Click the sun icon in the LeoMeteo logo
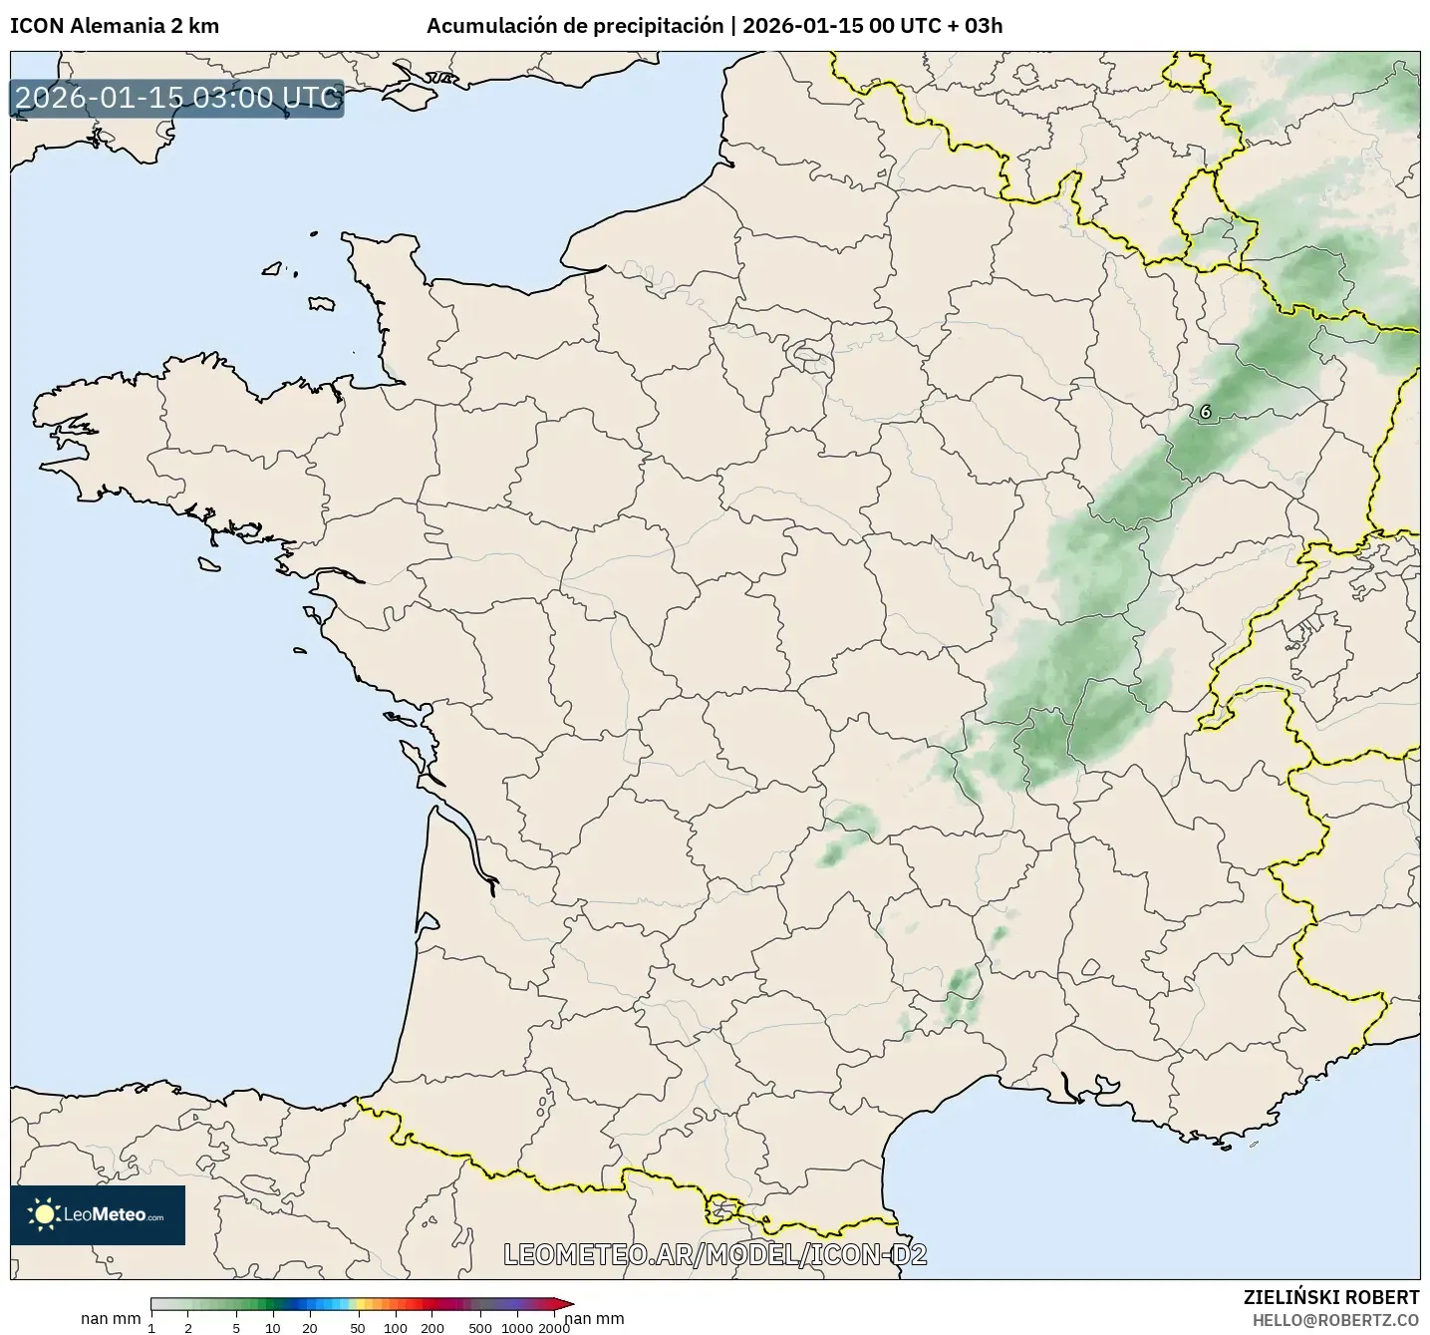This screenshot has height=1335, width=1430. [x=44, y=1213]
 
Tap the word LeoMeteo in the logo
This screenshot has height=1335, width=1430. [x=105, y=1214]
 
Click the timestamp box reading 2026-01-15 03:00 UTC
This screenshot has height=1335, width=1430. [x=177, y=98]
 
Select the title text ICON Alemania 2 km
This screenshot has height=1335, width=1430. [x=115, y=26]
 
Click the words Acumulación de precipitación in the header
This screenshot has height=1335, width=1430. [x=575, y=26]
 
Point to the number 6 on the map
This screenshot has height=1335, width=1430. [x=1206, y=411]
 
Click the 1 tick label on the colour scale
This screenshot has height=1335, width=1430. [x=151, y=1327]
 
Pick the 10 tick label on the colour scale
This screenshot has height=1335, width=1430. [x=273, y=1327]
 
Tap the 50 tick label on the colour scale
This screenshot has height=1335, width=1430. [x=358, y=1327]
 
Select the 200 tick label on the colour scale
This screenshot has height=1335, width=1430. [x=431, y=1327]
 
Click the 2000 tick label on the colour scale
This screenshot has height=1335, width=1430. [x=554, y=1327]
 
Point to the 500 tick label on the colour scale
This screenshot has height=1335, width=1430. [x=480, y=1327]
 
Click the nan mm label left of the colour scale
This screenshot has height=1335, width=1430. [x=111, y=1319]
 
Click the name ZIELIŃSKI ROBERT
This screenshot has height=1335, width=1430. [x=1331, y=1297]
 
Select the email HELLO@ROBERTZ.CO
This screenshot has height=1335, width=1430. [x=1335, y=1319]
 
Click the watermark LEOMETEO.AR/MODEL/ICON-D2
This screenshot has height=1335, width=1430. [x=715, y=1254]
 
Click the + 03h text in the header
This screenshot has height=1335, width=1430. [x=975, y=26]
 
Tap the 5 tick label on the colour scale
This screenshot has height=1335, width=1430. [x=236, y=1327]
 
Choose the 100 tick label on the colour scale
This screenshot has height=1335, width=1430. [x=395, y=1327]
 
